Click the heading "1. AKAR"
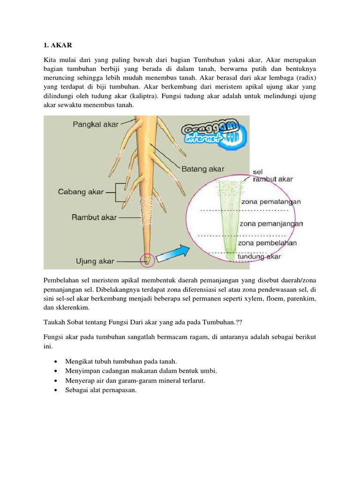pyautogui.click(x=56, y=46)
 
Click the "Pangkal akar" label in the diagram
pyautogui.click(x=96, y=125)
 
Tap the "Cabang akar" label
pyautogui.click(x=81, y=192)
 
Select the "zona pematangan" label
pyautogui.click(x=270, y=202)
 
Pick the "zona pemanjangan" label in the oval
pyautogui.click(x=271, y=224)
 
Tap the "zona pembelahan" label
pyautogui.click(x=267, y=243)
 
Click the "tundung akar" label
pyautogui.click(x=259, y=256)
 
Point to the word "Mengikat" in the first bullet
pyautogui.click(x=79, y=361)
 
